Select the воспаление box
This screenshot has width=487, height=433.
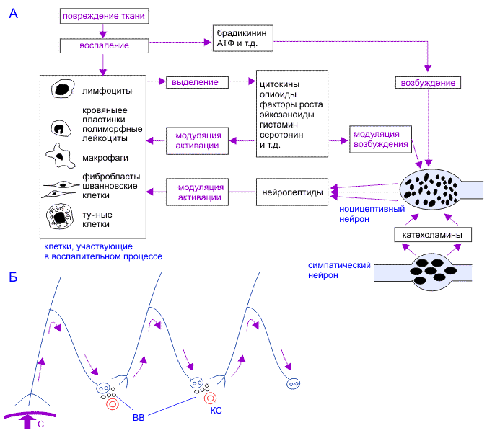coord(105,45)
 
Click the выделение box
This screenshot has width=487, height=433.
coord(195,82)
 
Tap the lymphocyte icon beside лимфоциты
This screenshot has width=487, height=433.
coord(61,89)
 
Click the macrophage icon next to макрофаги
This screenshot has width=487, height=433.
coord(59,154)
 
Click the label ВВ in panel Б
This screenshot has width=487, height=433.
coord(139,416)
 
